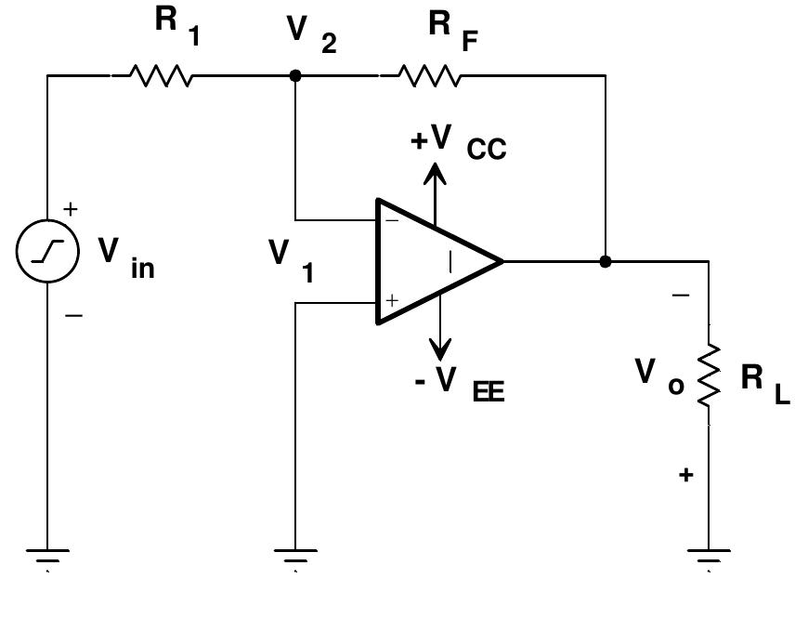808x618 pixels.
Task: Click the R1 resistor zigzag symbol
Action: pyautogui.click(x=163, y=75)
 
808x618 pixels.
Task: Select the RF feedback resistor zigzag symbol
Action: pyautogui.click(x=429, y=75)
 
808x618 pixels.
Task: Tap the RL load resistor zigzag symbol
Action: pyautogui.click(x=709, y=374)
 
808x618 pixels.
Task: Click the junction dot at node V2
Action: pyautogui.click(x=295, y=75)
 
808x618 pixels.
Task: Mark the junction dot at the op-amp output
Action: pyautogui.click(x=606, y=261)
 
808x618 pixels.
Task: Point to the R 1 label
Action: pyautogui.click(x=177, y=25)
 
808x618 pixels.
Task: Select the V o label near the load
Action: pyautogui.click(x=658, y=376)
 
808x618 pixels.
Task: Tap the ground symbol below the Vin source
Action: pyautogui.click(x=46, y=558)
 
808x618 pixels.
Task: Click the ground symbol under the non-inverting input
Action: pyautogui.click(x=295, y=558)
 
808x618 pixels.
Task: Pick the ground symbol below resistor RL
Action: pyautogui.click(x=709, y=558)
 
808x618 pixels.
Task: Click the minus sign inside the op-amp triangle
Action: pyautogui.click(x=392, y=221)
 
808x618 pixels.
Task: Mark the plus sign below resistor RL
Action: pyautogui.click(x=685, y=475)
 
